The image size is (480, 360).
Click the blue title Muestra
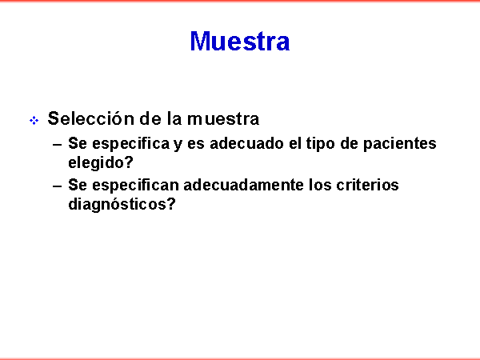(x=240, y=41)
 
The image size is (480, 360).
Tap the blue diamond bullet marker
(x=34, y=120)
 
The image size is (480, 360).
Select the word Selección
(x=91, y=118)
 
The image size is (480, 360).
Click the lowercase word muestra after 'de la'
(x=223, y=118)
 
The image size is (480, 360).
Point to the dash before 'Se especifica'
(x=58, y=144)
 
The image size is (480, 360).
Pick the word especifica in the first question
(x=130, y=144)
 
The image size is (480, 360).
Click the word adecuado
(x=246, y=143)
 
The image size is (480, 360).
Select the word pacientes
(x=400, y=144)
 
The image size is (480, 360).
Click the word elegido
(x=96, y=162)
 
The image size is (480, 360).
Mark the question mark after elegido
(x=129, y=162)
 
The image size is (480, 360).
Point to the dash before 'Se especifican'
(x=58, y=186)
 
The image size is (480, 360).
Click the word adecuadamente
(x=243, y=185)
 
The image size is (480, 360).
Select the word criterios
(x=367, y=185)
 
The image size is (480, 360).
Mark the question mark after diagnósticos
(x=171, y=203)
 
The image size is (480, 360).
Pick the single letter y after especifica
(x=178, y=146)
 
